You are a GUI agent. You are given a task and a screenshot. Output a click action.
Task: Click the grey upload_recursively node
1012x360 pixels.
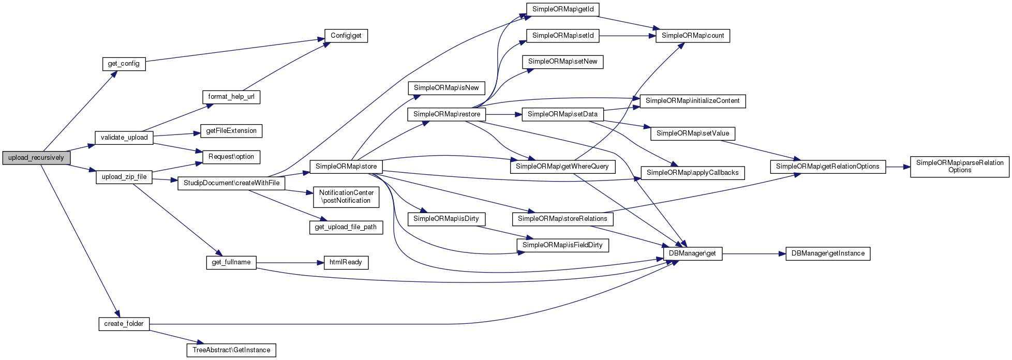36,158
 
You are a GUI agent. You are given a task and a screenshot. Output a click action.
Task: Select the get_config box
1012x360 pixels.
124,64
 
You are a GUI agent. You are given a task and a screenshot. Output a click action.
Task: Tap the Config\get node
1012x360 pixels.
346,36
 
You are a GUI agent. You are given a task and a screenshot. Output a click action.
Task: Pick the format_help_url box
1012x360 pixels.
231,97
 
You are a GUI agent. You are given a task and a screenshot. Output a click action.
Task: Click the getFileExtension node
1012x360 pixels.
231,131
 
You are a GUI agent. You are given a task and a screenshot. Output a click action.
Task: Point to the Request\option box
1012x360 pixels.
231,157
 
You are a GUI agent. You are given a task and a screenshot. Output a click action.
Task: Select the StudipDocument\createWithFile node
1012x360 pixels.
231,183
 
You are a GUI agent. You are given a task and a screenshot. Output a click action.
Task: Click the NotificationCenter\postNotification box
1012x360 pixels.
346,197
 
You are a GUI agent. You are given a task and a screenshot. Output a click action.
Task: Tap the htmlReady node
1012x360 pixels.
346,262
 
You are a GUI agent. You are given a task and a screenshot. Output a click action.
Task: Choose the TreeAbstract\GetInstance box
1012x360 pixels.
231,350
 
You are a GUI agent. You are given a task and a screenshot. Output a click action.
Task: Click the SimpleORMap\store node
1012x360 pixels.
346,167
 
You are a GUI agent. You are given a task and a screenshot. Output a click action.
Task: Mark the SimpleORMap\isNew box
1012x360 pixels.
446,88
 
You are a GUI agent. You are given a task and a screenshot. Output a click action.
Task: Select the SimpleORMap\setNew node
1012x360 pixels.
562,62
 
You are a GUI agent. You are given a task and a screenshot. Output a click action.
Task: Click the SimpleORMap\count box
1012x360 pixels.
693,36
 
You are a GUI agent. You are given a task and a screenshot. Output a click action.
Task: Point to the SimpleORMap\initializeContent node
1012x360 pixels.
692,101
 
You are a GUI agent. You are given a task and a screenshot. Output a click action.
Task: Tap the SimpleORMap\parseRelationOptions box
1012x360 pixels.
960,167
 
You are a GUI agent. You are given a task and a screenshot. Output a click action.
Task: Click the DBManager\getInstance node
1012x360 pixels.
828,253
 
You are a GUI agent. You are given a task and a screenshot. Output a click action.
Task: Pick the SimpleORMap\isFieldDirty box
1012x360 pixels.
562,245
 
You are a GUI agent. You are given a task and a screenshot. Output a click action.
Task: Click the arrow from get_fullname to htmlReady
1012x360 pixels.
290,263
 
